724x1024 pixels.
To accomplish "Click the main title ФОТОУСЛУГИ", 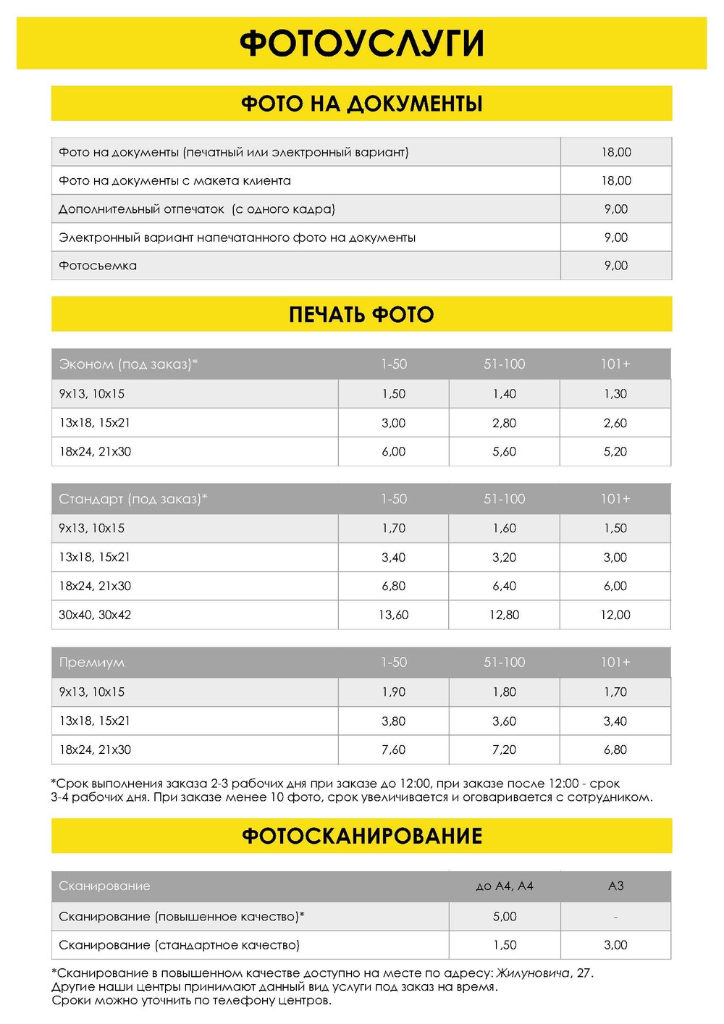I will pyautogui.click(x=361, y=43).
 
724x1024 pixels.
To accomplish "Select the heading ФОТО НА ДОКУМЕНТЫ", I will pyautogui.click(x=361, y=104).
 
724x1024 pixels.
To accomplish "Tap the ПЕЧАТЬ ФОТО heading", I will pyautogui.click(x=361, y=314).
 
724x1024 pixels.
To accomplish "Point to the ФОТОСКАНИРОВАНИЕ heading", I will pyautogui.click(x=361, y=836).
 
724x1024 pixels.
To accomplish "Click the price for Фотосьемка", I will pyautogui.click(x=616, y=266).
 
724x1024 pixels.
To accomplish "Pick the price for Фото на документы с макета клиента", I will pyautogui.click(x=616, y=180).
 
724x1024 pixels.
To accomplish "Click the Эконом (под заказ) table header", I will pyautogui.click(x=128, y=364).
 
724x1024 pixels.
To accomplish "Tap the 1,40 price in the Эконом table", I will pyautogui.click(x=505, y=394).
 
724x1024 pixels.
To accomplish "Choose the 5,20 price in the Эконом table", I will pyautogui.click(x=615, y=452).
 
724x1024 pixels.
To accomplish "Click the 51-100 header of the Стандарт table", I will pyautogui.click(x=505, y=499).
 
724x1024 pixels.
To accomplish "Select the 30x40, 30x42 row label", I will pyautogui.click(x=95, y=615).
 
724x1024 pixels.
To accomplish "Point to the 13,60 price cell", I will pyautogui.click(x=394, y=615).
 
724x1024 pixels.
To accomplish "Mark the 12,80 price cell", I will pyautogui.click(x=505, y=615).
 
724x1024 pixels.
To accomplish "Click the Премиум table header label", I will pyautogui.click(x=92, y=663).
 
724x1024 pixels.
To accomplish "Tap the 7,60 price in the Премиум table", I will pyautogui.click(x=394, y=750).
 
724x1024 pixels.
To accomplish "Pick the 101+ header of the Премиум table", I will pyautogui.click(x=615, y=663).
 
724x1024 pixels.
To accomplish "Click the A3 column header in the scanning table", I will pyautogui.click(x=616, y=886).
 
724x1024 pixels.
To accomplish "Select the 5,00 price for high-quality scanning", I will pyautogui.click(x=505, y=917).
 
